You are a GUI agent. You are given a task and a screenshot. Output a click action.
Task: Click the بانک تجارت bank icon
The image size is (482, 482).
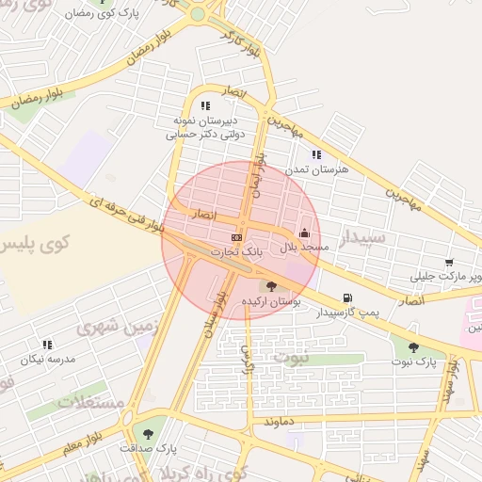click(236, 237)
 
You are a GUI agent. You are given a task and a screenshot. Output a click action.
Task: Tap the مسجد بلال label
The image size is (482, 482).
click(306, 247)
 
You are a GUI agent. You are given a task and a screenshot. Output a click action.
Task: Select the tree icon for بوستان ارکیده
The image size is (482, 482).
click(271, 285)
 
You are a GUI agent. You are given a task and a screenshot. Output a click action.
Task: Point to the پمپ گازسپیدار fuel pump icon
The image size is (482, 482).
click(349, 297)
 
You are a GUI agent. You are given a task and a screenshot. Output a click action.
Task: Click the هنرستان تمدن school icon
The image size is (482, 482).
click(316, 154)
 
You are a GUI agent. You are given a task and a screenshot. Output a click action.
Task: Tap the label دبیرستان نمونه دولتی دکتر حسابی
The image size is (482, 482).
click(205, 128)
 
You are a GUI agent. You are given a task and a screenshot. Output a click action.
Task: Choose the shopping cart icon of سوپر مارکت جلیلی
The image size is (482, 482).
click(450, 263)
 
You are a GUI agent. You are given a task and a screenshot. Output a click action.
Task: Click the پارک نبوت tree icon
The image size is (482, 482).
click(414, 348)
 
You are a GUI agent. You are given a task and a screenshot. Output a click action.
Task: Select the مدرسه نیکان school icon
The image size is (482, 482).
click(47, 345)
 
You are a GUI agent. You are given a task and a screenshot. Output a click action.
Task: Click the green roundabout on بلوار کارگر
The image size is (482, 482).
click(197, 14)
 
